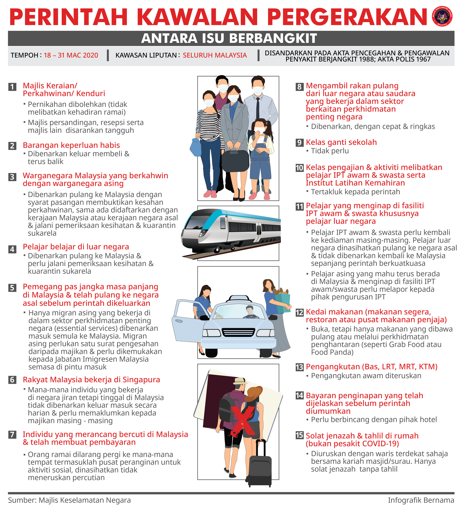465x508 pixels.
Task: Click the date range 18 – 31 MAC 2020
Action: pos(71,55)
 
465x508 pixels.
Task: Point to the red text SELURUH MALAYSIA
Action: pos(215,55)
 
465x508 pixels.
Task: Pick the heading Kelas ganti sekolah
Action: pos(341,142)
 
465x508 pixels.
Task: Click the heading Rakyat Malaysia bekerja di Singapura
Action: pos(91,380)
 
